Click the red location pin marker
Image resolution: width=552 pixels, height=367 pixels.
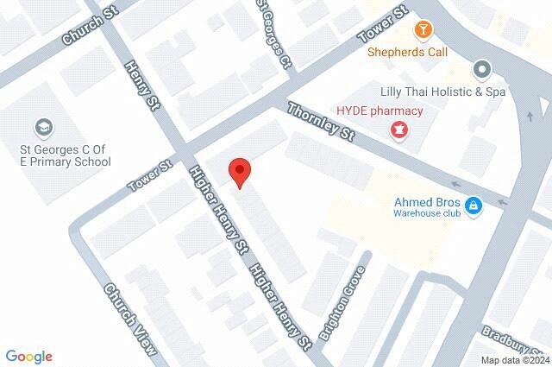(x=240, y=173)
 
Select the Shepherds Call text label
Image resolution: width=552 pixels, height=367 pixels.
(x=408, y=52)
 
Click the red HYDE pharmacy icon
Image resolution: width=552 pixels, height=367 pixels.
(x=398, y=130)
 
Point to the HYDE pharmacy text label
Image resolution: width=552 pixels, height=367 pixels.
(x=379, y=111)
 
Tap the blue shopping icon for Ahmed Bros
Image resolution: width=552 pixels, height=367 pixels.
(x=472, y=206)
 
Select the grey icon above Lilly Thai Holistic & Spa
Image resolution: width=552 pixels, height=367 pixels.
(x=481, y=69)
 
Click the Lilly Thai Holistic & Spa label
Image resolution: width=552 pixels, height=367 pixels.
(x=437, y=91)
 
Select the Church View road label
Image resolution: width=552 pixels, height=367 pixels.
(x=130, y=319)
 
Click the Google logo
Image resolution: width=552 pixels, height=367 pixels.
(x=28, y=356)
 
